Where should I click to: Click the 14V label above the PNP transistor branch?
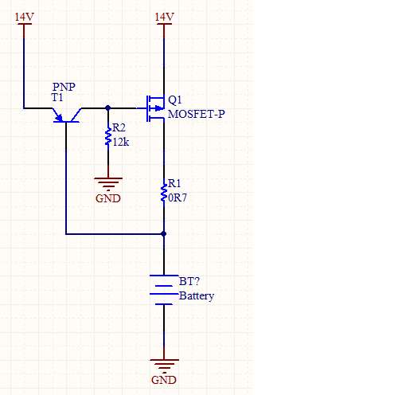click(x=25, y=17)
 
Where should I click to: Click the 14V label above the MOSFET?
click(x=164, y=17)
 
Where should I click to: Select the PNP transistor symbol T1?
click(x=66, y=115)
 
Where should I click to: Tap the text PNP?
click(x=64, y=87)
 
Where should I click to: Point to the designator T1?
click(x=57, y=97)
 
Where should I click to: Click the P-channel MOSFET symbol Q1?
click(x=155, y=108)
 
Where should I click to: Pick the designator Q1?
click(x=175, y=100)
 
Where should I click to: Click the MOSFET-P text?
click(x=197, y=114)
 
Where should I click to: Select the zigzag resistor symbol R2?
click(x=108, y=136)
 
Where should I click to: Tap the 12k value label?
click(x=121, y=143)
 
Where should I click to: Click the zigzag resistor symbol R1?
click(x=164, y=193)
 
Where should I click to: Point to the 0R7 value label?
click(x=177, y=197)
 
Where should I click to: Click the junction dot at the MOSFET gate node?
click(x=108, y=108)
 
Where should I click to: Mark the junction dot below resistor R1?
click(x=164, y=234)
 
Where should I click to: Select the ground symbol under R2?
click(x=108, y=184)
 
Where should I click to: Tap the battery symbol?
click(x=164, y=290)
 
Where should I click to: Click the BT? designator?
click(x=189, y=281)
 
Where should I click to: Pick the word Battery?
click(x=197, y=296)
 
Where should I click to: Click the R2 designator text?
click(x=119, y=128)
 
